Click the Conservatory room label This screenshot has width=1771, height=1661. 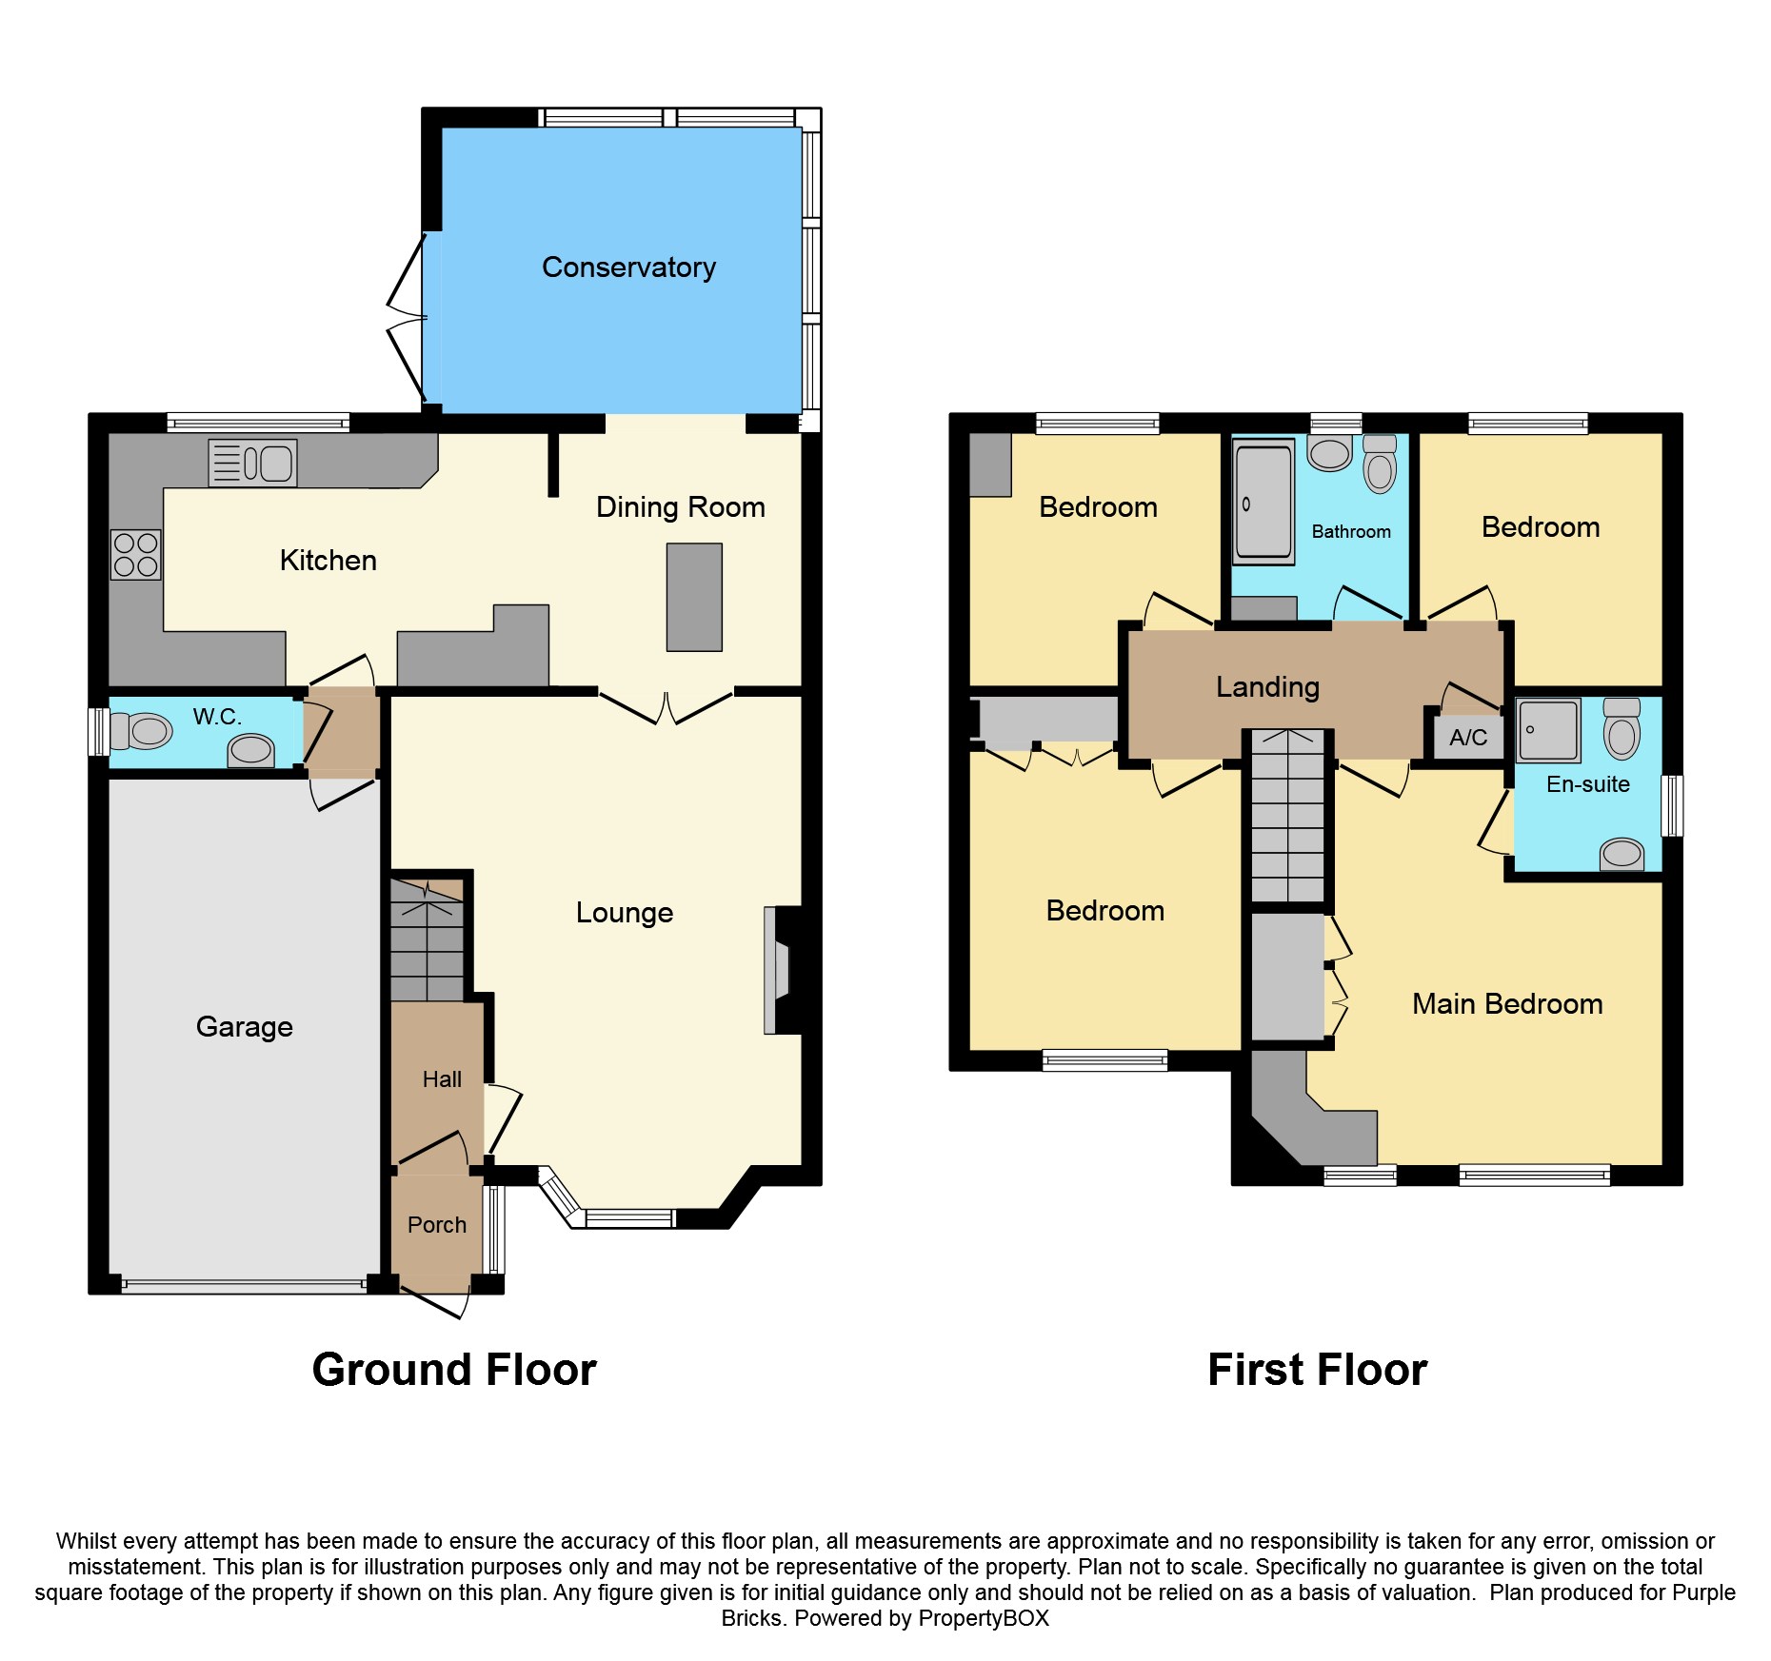coord(628,267)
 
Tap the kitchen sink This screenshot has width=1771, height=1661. coord(253,464)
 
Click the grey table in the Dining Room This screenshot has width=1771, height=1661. coord(694,597)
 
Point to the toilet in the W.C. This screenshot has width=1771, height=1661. coord(143,731)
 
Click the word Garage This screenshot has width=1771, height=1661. coord(244,1026)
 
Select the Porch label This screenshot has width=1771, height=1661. coord(437,1225)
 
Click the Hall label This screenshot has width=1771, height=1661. coord(442,1079)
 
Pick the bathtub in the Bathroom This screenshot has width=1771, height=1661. coord(1264,503)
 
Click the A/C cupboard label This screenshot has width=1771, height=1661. coord(1468,738)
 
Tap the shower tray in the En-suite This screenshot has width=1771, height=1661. coord(1548,731)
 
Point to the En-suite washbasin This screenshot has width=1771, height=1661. coord(1622,854)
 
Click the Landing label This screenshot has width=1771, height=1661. coord(1267,686)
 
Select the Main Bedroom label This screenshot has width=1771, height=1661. coord(1507,1004)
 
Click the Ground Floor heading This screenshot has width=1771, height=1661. coord(454,1370)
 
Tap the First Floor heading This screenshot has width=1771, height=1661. coord(1317,1370)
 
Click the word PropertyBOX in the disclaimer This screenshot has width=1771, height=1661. coord(984,1618)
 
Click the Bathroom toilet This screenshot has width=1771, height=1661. coord(1380,466)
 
